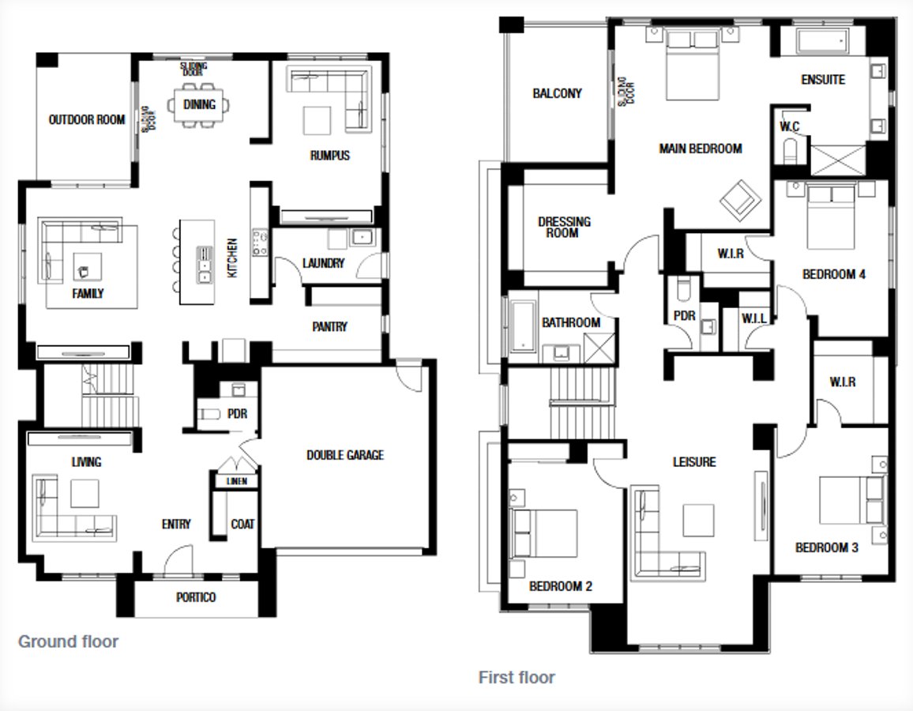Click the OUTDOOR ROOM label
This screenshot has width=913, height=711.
point(87,120)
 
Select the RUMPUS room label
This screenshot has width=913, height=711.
point(329,156)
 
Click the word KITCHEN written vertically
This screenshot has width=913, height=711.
point(233,258)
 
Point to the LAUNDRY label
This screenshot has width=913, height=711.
point(324,263)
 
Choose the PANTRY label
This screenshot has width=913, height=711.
point(329,326)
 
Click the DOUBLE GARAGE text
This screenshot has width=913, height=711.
point(345,455)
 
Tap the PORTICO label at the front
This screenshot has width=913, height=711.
point(196,597)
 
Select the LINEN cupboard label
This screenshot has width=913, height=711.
point(236,481)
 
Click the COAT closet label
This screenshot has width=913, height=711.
point(242,524)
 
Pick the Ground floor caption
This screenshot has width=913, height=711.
point(68,641)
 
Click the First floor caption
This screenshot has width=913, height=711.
point(517,677)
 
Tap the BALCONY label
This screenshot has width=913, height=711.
point(557,93)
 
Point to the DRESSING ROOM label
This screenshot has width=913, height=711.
point(564,228)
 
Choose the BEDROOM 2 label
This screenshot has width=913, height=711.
point(561,586)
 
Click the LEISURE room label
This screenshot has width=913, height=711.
point(694,461)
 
